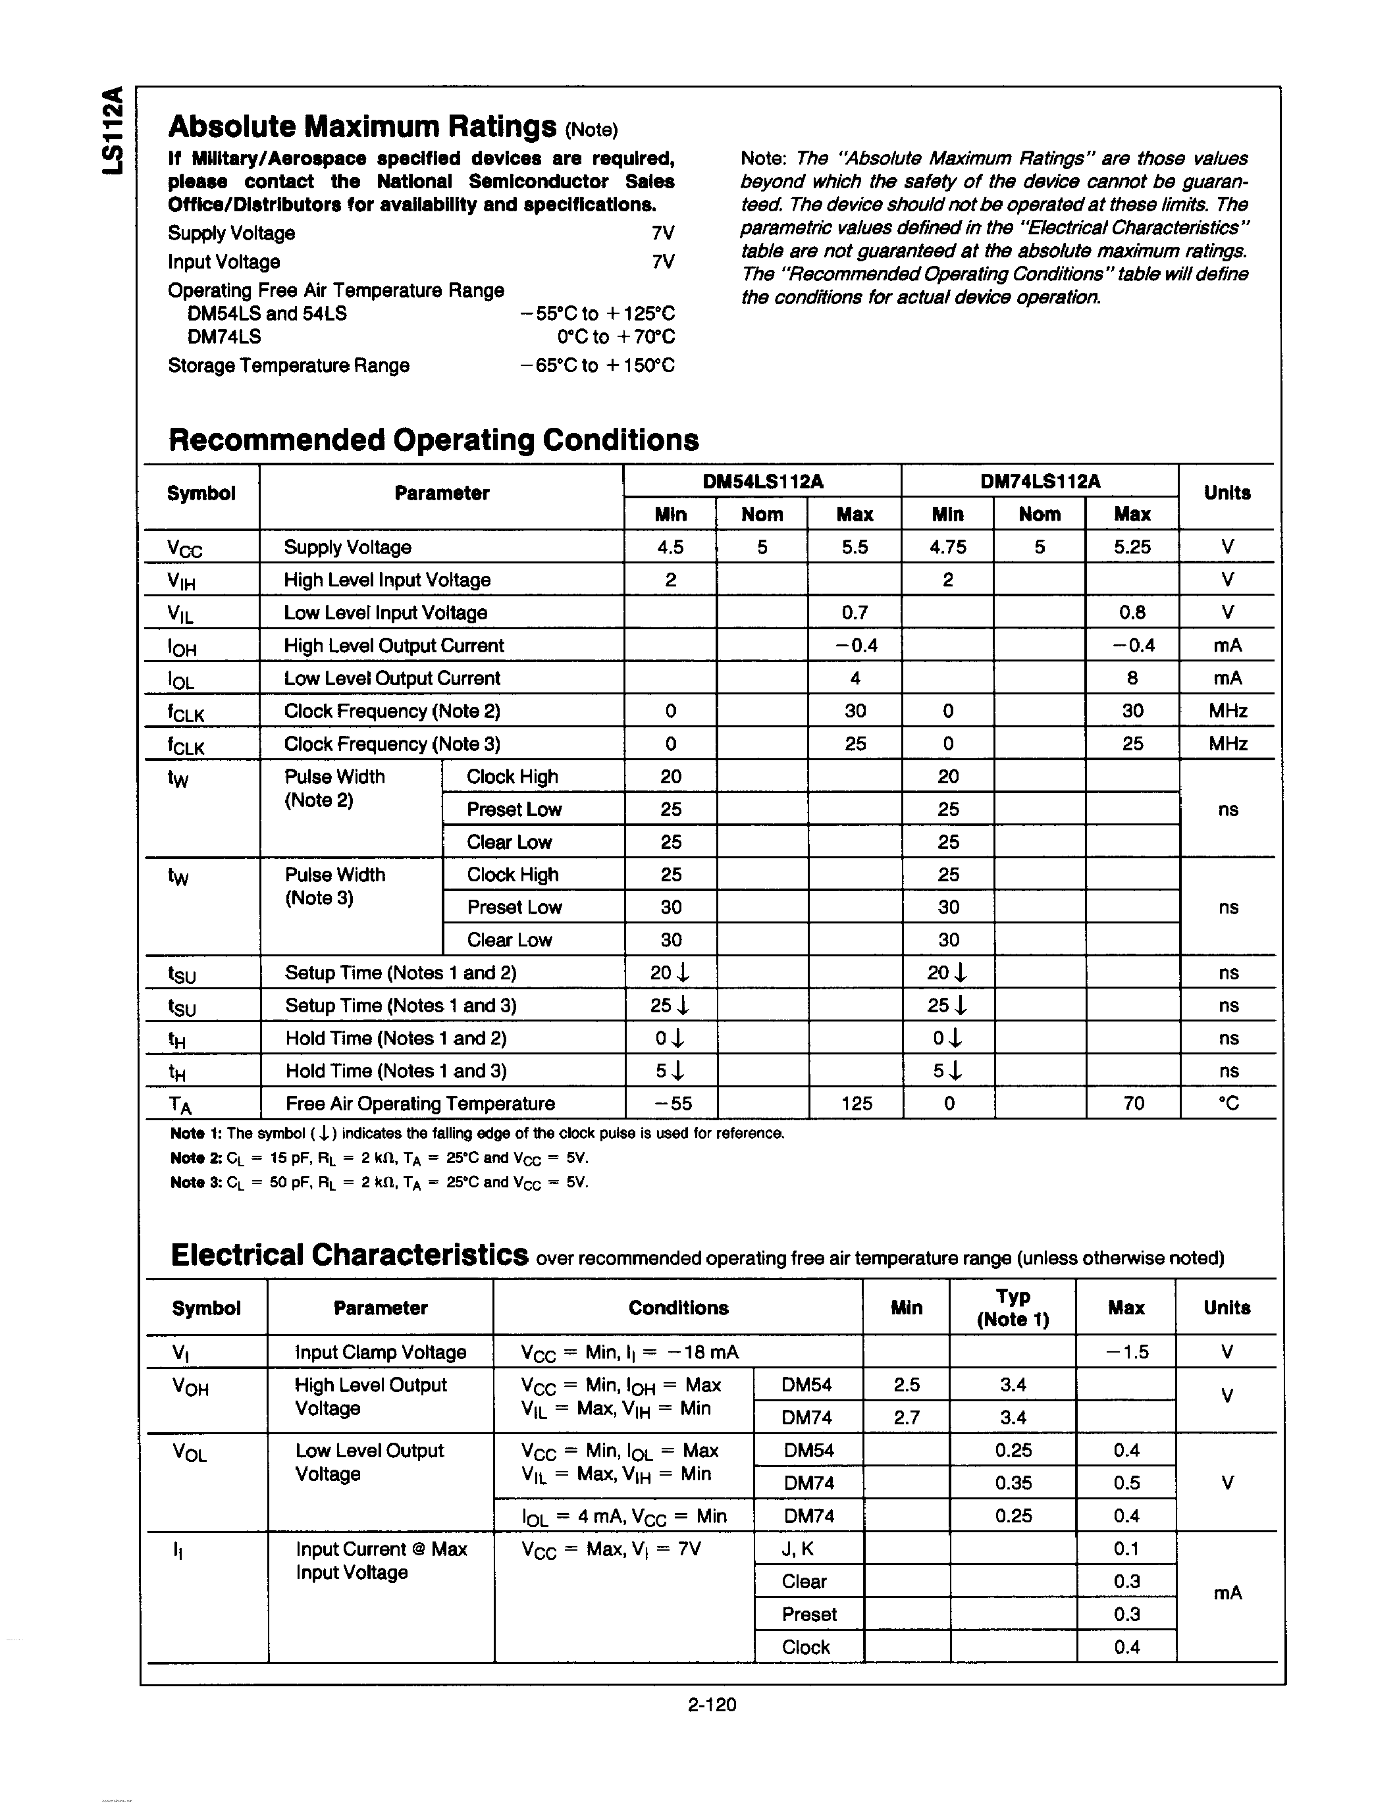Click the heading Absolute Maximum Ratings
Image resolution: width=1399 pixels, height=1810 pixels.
click(361, 127)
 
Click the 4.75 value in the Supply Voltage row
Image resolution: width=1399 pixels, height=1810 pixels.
click(947, 547)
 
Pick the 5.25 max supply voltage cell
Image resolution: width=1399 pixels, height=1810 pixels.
click(1132, 547)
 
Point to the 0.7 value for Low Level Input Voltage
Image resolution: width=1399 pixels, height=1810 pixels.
click(855, 613)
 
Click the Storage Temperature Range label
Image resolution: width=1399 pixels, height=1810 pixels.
click(288, 365)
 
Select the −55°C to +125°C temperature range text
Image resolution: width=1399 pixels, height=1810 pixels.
click(596, 313)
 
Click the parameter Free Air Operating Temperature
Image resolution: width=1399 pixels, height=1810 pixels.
click(420, 1103)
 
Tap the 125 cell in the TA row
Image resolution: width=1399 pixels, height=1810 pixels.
click(856, 1103)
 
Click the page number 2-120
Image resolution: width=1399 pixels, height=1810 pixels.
click(712, 1705)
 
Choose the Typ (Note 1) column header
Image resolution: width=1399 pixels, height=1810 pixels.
click(1013, 1308)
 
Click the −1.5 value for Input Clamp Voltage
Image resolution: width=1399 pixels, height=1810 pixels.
click(1127, 1352)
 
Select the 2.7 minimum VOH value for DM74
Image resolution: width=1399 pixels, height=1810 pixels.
click(907, 1417)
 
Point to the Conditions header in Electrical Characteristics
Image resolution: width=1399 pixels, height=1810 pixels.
click(678, 1308)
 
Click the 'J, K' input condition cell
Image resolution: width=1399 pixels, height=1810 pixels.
click(797, 1549)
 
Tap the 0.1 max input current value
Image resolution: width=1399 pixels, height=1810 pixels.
click(1127, 1549)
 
